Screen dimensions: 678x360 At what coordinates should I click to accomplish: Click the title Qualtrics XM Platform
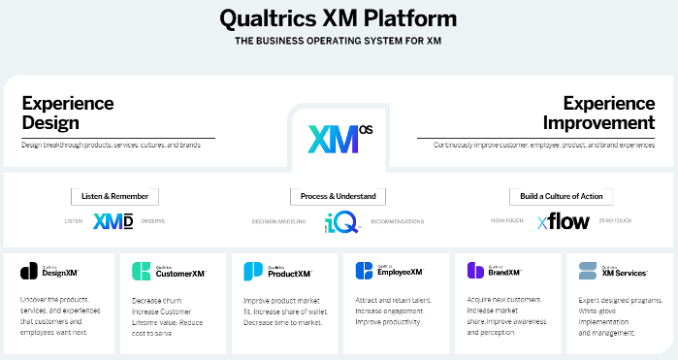(x=339, y=17)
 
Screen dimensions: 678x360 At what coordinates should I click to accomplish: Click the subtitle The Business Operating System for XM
(x=339, y=42)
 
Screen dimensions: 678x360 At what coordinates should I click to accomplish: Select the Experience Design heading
(x=68, y=113)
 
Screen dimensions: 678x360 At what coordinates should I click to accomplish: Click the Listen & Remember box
(x=114, y=196)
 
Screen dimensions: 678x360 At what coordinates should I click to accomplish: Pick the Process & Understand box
(x=339, y=196)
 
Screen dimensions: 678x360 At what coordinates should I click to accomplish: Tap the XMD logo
(x=113, y=221)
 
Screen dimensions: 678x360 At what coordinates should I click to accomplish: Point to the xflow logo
(x=563, y=221)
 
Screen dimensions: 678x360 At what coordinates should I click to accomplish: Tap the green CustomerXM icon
(x=140, y=271)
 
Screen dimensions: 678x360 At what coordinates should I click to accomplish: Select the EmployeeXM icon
(x=364, y=271)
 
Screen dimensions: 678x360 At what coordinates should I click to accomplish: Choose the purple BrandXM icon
(x=475, y=271)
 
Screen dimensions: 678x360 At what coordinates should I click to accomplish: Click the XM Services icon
(x=587, y=271)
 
